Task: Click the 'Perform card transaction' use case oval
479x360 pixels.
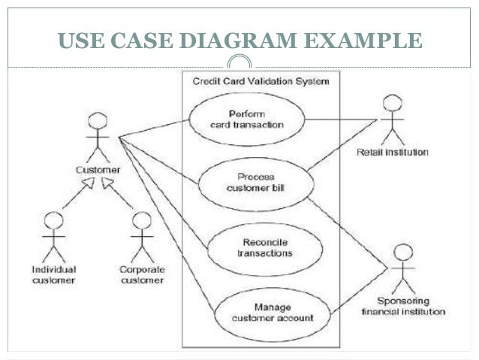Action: (246, 119)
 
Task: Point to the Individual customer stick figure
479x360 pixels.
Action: (53, 234)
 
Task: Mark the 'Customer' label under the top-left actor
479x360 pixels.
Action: (95, 169)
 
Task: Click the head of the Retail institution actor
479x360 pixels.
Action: (389, 102)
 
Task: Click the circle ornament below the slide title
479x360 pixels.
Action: (239, 66)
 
